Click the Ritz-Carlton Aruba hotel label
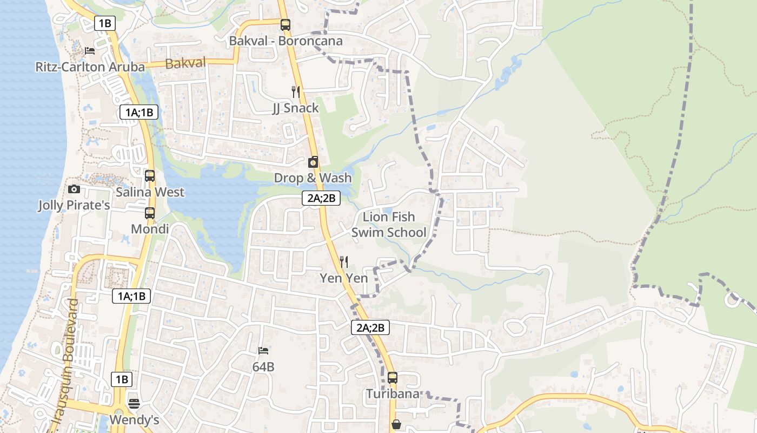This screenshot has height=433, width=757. tap(90, 67)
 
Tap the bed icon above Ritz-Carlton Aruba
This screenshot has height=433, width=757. tap(90, 51)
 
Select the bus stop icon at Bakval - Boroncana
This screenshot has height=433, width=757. tap(285, 25)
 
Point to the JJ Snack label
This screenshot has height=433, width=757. tap(295, 108)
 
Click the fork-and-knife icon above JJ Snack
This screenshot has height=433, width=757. tap(295, 91)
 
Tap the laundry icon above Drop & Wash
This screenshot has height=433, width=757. tap(313, 162)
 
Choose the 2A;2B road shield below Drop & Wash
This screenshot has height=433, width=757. tap(321, 198)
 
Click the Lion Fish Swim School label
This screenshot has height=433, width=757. tap(389, 225)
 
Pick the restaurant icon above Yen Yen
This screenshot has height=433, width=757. tap(343, 262)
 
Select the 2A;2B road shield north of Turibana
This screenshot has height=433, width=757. tap(370, 327)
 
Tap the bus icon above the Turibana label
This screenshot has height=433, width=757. tap(393, 377)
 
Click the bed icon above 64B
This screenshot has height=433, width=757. tap(263, 351)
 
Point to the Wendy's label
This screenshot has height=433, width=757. tap(134, 420)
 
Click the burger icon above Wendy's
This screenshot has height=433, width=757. tap(134, 403)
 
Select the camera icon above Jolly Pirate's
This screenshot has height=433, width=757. tap(74, 189)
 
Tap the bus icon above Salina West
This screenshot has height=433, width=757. tap(150, 176)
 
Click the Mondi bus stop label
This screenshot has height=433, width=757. tap(150, 229)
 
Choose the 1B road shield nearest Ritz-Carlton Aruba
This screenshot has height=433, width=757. tap(105, 23)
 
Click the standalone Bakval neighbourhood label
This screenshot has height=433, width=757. tap(185, 63)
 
